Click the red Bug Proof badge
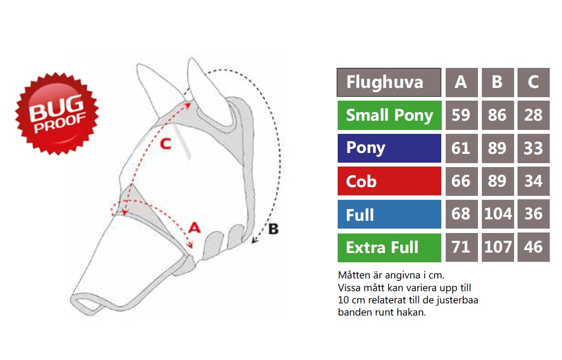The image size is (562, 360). coord(57,114)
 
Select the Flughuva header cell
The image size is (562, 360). coord(389,83)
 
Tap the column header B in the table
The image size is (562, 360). coord(497,83)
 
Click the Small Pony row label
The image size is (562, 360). coord(389,115)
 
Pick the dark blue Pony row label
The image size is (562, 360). coord(389,148)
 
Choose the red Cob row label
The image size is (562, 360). coord(389,181)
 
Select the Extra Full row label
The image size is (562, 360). coord(389,248)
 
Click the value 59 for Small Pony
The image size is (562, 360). coord(461,115)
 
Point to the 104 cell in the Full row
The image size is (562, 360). coord(497,214)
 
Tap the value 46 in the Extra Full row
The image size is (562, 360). coord(533,248)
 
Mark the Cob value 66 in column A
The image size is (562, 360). coord(461,181)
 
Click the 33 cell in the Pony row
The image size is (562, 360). coord(533,148)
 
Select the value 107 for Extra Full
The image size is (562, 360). coord(497,248)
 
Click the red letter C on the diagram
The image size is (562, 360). coord(166,144)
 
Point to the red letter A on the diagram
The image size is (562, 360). coord(195,228)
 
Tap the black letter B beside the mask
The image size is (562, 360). coord(274,229)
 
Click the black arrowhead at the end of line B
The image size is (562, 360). coord(254,240)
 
